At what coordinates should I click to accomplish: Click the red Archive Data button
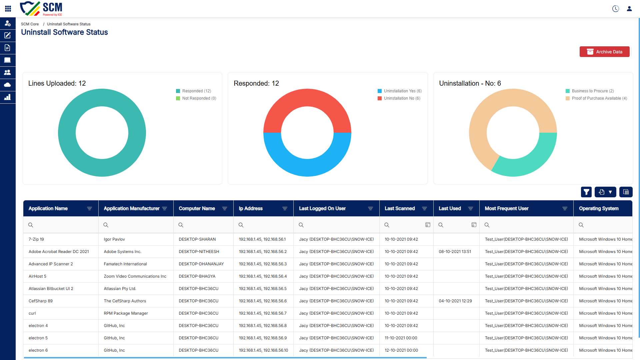[x=604, y=52]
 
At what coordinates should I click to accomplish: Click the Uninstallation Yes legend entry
[x=400, y=91]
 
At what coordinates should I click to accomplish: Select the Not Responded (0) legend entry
[x=196, y=98]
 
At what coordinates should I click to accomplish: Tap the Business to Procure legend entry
[x=590, y=91]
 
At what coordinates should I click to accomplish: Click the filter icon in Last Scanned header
[x=424, y=209]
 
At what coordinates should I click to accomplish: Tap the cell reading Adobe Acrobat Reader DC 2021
[x=59, y=252]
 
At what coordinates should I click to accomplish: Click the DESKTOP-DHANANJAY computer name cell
[x=201, y=264]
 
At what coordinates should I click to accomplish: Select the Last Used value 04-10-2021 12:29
[x=455, y=301]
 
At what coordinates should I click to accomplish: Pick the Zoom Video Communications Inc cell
[x=135, y=276]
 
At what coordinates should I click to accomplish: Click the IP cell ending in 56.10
[x=263, y=350]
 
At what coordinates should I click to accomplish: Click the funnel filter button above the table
[x=586, y=192]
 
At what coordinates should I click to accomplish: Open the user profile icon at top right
[x=629, y=9]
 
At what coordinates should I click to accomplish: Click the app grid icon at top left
[x=8, y=9]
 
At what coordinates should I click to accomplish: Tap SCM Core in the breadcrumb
[x=30, y=24]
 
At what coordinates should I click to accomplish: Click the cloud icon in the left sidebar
[x=7, y=85]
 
